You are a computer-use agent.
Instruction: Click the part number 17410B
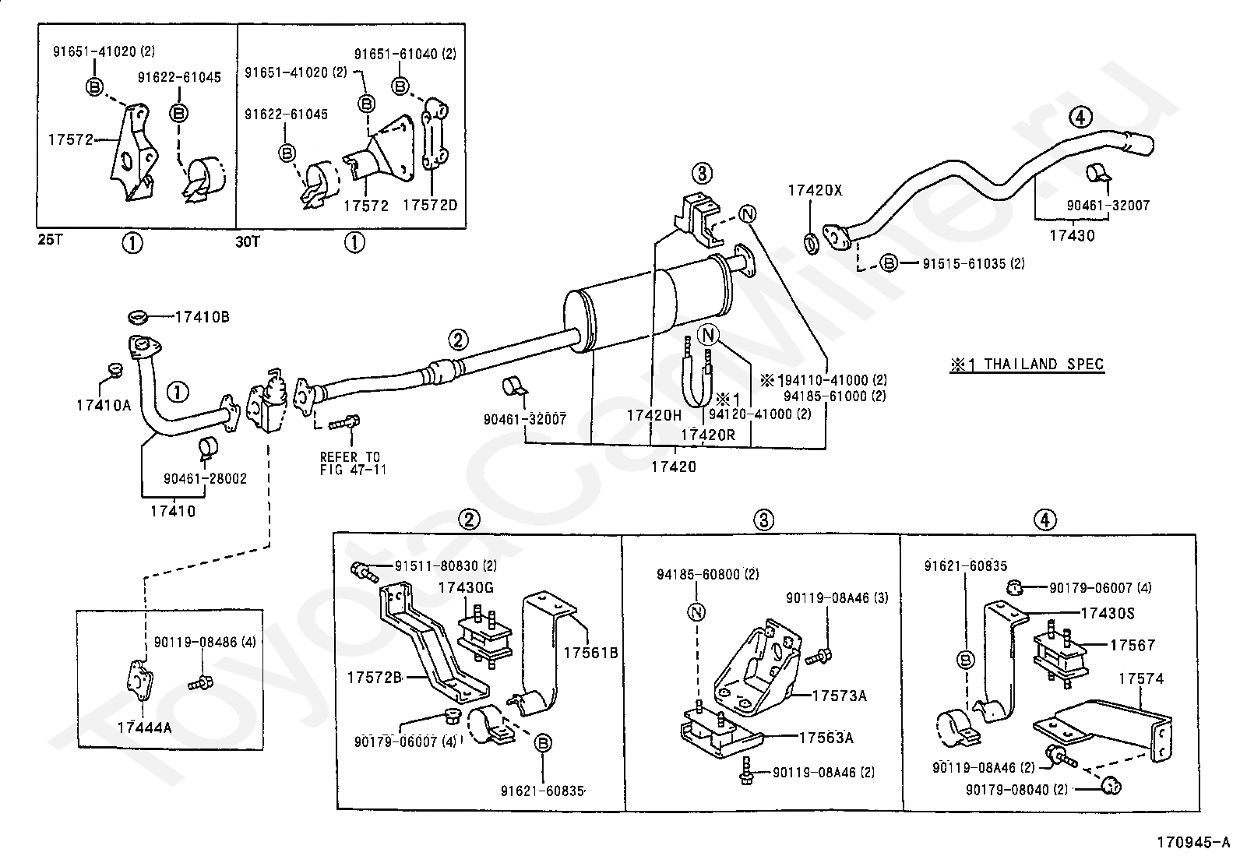[x=202, y=317]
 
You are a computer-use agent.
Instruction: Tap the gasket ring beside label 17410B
[x=138, y=317]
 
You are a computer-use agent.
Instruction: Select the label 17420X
[x=815, y=191]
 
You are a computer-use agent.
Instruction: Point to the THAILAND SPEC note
[x=1027, y=365]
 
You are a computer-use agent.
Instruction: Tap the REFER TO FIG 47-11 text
[x=353, y=463]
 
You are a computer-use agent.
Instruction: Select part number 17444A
[x=144, y=727]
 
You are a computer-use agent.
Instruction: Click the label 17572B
[x=374, y=678]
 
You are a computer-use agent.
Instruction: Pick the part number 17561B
[x=590, y=653]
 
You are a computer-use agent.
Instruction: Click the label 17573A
[x=839, y=696]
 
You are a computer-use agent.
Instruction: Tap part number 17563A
[x=826, y=738]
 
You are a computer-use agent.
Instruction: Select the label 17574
[x=1141, y=679]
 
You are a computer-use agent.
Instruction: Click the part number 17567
[x=1133, y=645]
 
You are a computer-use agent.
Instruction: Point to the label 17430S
[x=1108, y=614]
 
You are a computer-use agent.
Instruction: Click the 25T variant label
[x=51, y=240]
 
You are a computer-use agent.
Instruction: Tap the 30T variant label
[x=248, y=242]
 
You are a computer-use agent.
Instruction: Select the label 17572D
[x=430, y=206]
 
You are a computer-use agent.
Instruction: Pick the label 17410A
[x=104, y=406]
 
